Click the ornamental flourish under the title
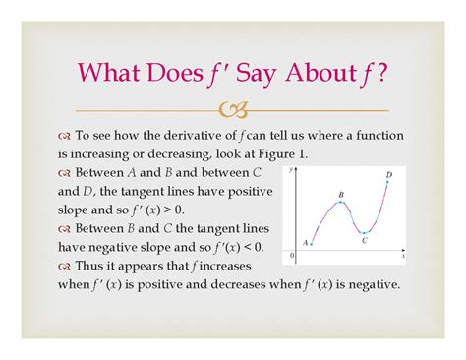[233, 110]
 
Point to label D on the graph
[389, 175]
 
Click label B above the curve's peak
[341, 195]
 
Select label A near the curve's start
[306, 242]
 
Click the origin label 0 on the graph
[290, 256]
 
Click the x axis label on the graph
[403, 255]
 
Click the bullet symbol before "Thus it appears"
[65, 267]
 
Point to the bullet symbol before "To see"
[65, 135]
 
